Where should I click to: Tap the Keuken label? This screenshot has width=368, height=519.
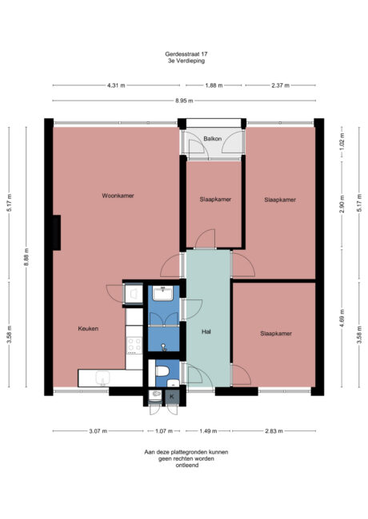click(x=88, y=329)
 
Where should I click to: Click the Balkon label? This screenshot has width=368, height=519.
click(x=212, y=139)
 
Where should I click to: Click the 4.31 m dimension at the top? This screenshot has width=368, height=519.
click(x=116, y=85)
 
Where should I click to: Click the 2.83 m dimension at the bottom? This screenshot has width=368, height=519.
click(x=277, y=431)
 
